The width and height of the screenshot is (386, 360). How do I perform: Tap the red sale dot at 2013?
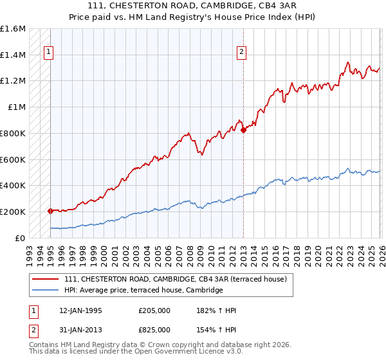pos(243,130)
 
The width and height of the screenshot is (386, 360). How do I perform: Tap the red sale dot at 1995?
pos(50,210)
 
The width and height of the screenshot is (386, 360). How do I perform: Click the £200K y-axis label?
pos(13,212)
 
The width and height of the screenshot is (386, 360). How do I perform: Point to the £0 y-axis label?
pos(21,238)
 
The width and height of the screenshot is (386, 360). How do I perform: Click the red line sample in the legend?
pos(46,279)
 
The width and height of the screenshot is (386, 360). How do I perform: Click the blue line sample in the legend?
pos(46,291)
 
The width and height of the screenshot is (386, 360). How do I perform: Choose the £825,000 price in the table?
pos(154,329)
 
